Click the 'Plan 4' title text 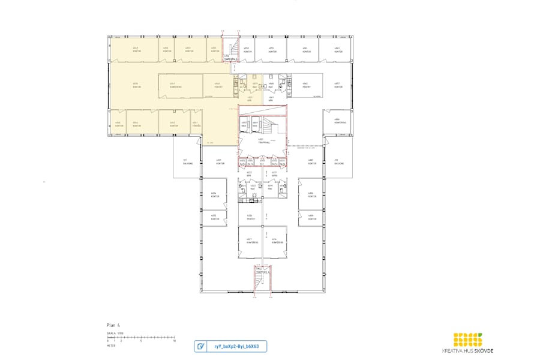point(113,325)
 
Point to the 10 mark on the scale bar point(174,340)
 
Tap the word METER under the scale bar point(111,346)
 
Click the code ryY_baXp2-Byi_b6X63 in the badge point(235,346)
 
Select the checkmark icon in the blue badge point(201,346)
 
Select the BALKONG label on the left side point(185,161)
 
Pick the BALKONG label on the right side point(339,161)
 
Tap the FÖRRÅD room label point(195,124)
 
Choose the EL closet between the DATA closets point(262,161)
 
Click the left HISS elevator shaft point(245,124)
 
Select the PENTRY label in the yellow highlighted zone point(218,86)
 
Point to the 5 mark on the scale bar point(141,340)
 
